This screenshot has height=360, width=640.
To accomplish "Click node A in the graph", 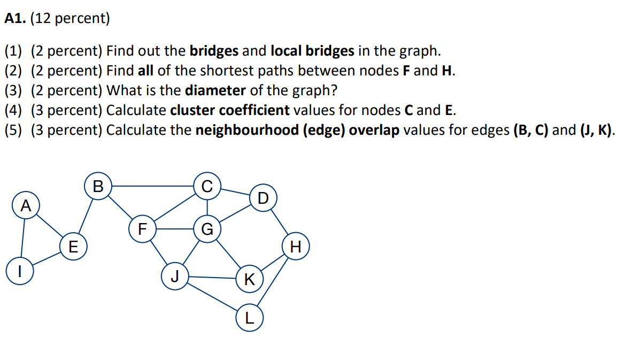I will coord(25,205).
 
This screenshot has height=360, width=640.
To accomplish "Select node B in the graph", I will coord(98,186).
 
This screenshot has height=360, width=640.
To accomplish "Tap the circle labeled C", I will coord(207,185).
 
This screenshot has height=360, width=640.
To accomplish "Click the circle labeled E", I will coord(73,247).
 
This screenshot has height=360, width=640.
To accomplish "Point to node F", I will coord(142,229).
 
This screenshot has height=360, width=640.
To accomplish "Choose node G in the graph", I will coord(207,229).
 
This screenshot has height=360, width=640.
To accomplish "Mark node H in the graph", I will coord(296,247).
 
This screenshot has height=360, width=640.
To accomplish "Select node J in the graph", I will coord(174,277).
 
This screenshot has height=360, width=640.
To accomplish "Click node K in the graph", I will coord(249,279).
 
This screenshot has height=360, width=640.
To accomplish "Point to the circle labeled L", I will coord(249,319).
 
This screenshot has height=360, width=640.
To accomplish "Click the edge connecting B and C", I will coord(152,186).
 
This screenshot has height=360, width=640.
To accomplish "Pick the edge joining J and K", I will coord(212,278).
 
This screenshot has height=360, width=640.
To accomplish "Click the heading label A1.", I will coord(16,19).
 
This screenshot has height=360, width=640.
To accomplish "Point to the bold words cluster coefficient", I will coord(230,110).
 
